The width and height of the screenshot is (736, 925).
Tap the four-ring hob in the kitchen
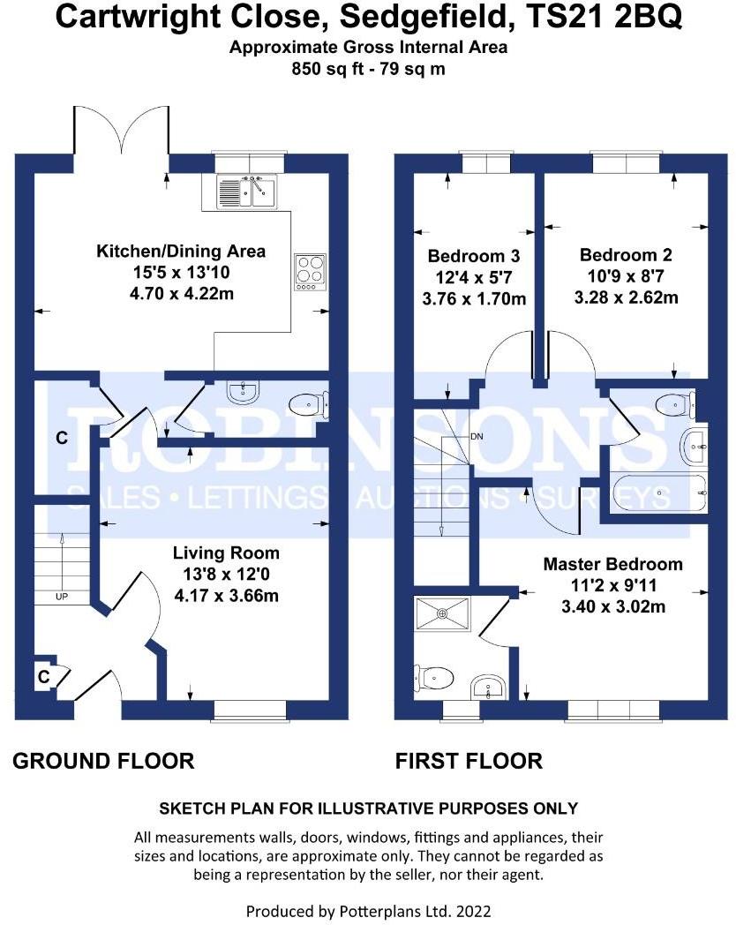311,272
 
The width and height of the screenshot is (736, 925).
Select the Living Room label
226,553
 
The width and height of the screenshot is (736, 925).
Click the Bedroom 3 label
474,256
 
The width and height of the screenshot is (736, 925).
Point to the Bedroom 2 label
626,255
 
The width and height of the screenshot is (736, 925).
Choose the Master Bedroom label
612,564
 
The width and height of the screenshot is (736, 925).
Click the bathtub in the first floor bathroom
660,493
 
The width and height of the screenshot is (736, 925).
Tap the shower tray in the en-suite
443,613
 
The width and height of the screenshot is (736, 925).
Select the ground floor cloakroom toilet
309,404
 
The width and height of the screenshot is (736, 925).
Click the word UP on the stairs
62,597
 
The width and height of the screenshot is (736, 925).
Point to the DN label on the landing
477,437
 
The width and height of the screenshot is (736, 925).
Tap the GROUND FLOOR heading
103,761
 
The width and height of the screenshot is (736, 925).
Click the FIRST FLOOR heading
469,761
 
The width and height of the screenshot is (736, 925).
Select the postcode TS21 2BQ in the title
604,17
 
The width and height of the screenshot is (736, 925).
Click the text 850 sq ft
325,69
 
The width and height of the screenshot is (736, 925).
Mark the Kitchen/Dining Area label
181,252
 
